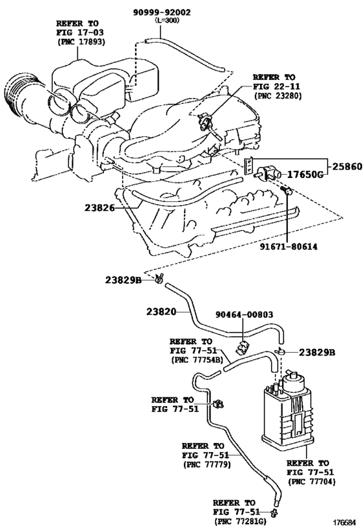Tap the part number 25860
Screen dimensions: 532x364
(x=345, y=166)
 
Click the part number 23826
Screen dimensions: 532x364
(x=99, y=208)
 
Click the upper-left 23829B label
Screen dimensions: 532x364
(x=123, y=280)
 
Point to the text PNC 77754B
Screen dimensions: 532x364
(x=199, y=359)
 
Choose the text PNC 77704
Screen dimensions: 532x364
(x=307, y=483)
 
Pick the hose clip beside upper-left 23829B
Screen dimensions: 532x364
(x=158, y=279)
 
